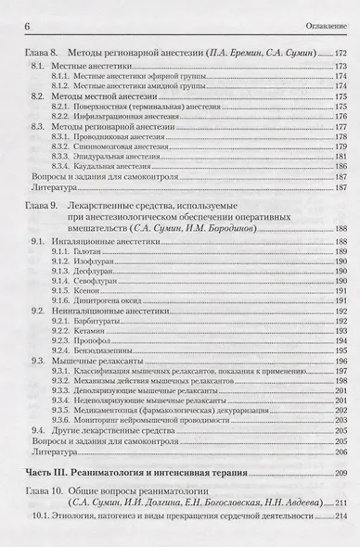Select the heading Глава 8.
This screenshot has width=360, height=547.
pyautogui.click(x=40, y=57)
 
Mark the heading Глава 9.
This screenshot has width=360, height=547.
pyautogui.click(x=40, y=203)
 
